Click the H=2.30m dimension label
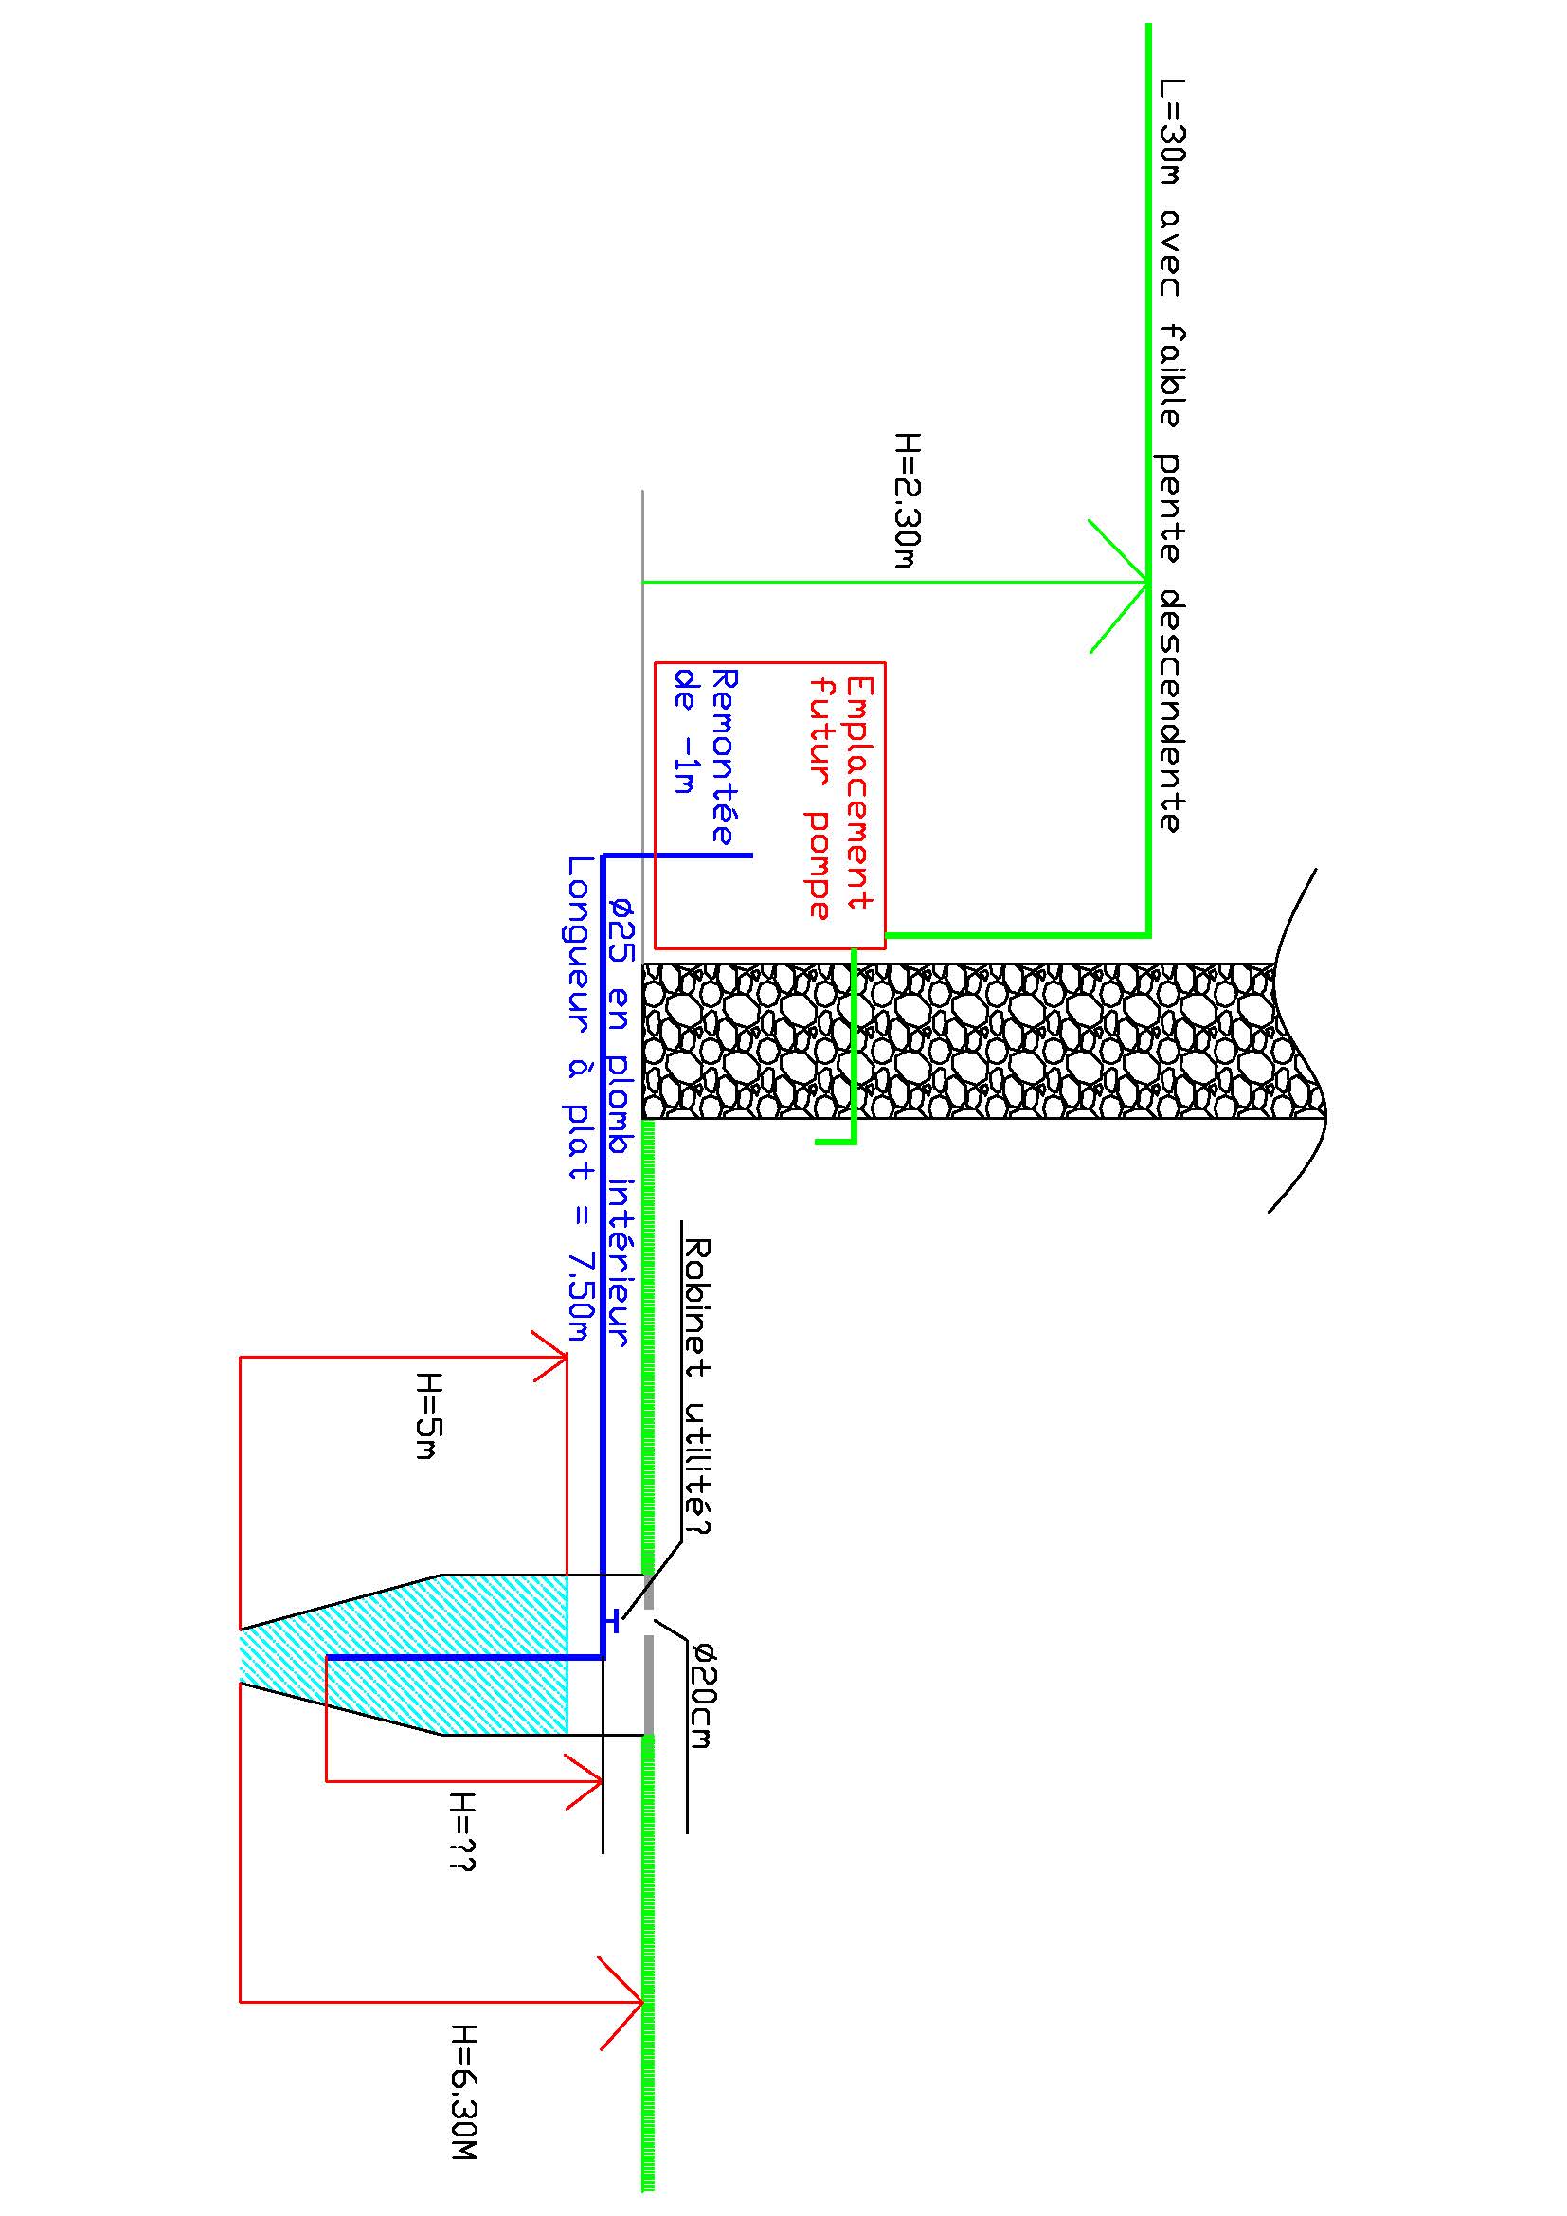coord(908,500)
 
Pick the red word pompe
coord(820,864)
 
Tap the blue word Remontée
coord(724,757)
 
